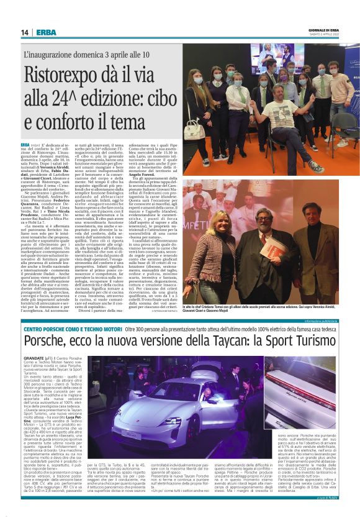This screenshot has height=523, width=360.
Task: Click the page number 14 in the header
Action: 25,32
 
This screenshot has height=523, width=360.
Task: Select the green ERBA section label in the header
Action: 46,32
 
